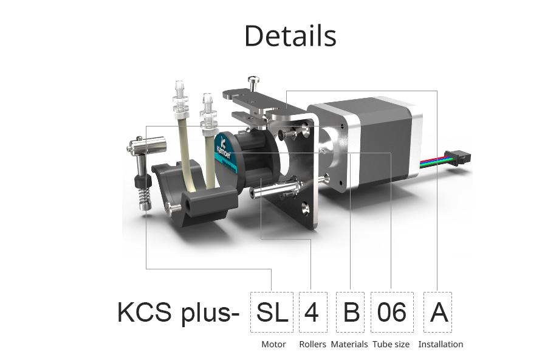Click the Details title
(290, 36)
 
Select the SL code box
(272, 312)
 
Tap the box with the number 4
(312, 312)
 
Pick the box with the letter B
(351, 312)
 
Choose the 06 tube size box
(391, 312)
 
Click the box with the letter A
(438, 312)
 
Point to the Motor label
(273, 344)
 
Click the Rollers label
(312, 344)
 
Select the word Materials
(349, 344)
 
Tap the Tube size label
(391, 344)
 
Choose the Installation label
(441, 344)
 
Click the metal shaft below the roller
(273, 190)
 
